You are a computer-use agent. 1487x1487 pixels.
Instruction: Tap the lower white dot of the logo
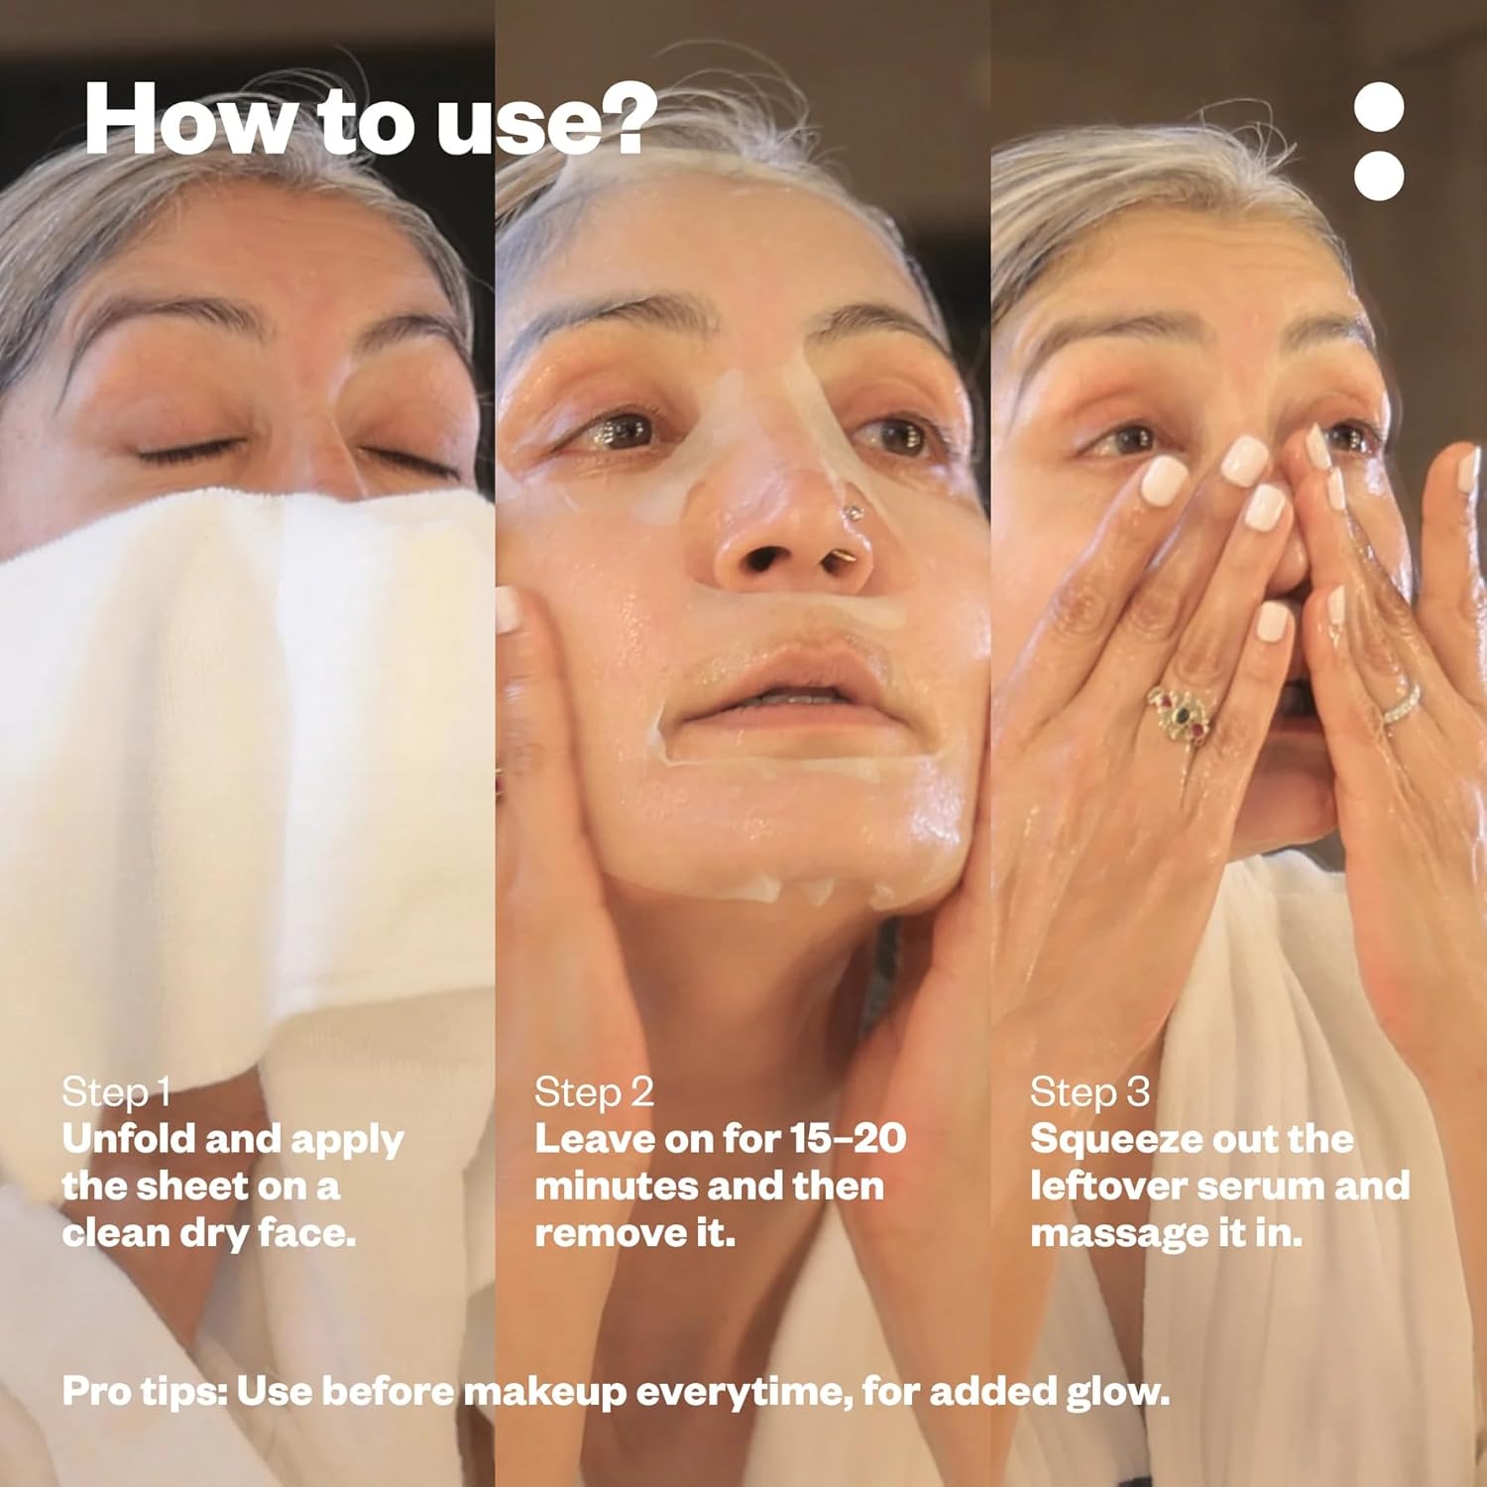coord(1379,175)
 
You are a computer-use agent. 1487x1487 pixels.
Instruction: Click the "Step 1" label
coord(116,1092)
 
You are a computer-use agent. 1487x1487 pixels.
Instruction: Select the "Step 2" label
coord(594,1092)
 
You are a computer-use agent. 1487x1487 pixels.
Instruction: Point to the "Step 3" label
coord(1089,1092)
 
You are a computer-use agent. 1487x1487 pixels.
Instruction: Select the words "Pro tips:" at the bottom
coord(145,1392)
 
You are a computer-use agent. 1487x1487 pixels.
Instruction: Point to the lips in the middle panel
coord(783,685)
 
